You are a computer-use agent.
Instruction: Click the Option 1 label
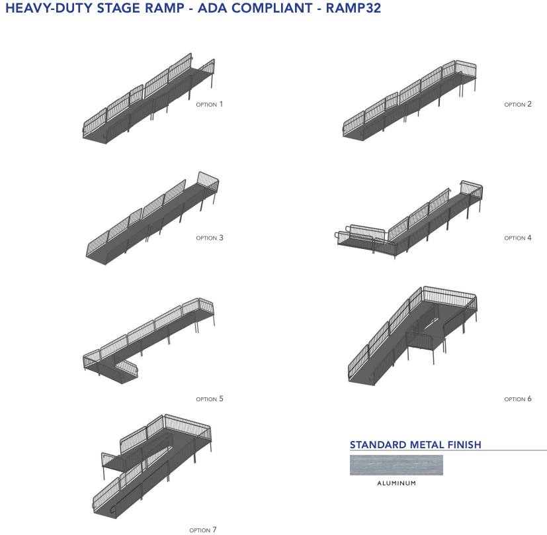coord(210,104)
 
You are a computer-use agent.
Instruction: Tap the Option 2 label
coord(518,104)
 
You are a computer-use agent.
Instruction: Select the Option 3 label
coord(210,238)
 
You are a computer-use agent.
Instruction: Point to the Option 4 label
coord(518,238)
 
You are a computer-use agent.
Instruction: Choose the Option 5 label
coord(210,399)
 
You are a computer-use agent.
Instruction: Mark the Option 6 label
coord(518,399)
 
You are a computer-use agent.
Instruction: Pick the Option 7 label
coord(202,530)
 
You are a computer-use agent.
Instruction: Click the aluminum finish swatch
coord(396,465)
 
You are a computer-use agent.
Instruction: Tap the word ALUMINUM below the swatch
coord(396,483)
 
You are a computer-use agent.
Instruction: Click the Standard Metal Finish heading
coord(415,445)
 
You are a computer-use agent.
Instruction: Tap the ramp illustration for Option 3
coord(152,219)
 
